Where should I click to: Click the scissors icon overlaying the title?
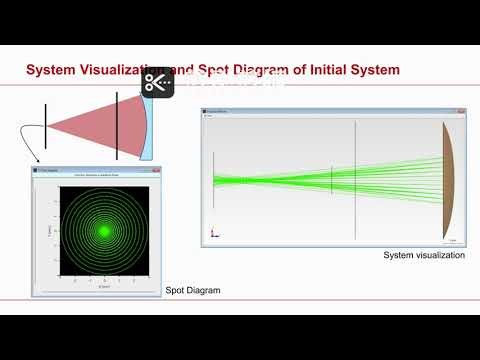pos(157,83)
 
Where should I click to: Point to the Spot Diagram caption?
pos(192,290)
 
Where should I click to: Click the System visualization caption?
pos(424,256)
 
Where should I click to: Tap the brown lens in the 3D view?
pos(450,180)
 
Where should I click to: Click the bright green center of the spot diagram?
pos(102,230)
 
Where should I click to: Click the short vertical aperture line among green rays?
pos(332,180)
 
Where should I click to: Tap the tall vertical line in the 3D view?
pos(355,180)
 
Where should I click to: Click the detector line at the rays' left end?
pos(214,180)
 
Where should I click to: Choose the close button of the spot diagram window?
pos(158,171)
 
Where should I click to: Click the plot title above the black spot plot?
pos(102,177)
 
